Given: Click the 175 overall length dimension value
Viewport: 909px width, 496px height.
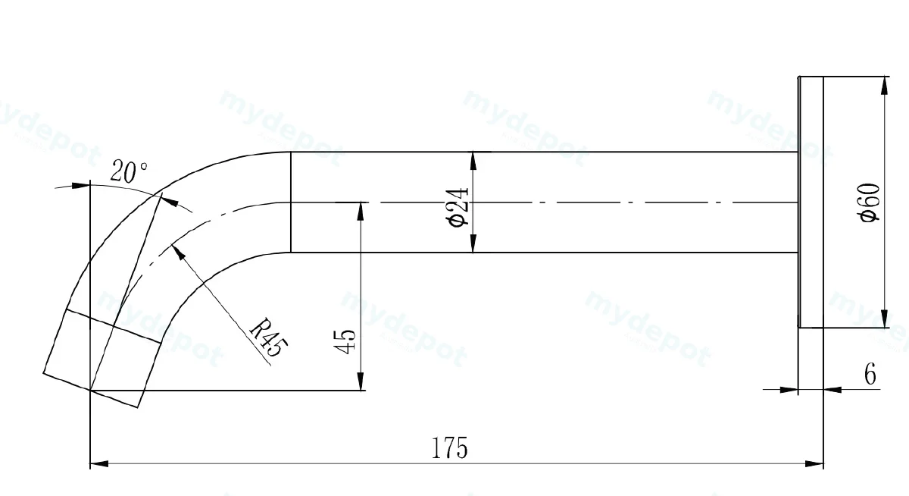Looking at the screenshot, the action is pyautogui.click(x=449, y=448).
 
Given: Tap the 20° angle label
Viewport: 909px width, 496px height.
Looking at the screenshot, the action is pyautogui.click(x=129, y=171).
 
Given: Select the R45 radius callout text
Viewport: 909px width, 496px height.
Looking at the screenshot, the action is pyautogui.click(x=268, y=337).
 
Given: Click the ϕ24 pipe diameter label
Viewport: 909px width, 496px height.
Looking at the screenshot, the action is pyautogui.click(x=457, y=208).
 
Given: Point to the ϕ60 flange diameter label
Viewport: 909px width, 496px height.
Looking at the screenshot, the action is pyautogui.click(x=869, y=202).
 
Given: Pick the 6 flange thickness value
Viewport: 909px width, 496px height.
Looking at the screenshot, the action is pyautogui.click(x=870, y=374).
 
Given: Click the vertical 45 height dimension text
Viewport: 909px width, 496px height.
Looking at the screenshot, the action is pyautogui.click(x=344, y=341).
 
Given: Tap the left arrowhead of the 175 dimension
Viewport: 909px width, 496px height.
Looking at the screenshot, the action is pyautogui.click(x=99, y=463).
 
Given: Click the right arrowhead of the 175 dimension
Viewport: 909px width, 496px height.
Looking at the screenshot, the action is pyautogui.click(x=814, y=463).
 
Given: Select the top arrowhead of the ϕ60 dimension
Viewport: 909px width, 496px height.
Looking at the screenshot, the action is pyautogui.click(x=885, y=86).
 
